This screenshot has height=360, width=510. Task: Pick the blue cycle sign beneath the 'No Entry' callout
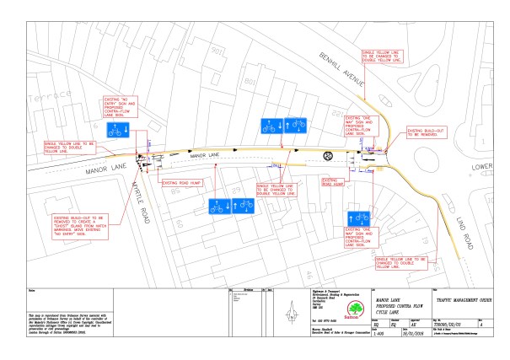pyautogui.click(x=116, y=131)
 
